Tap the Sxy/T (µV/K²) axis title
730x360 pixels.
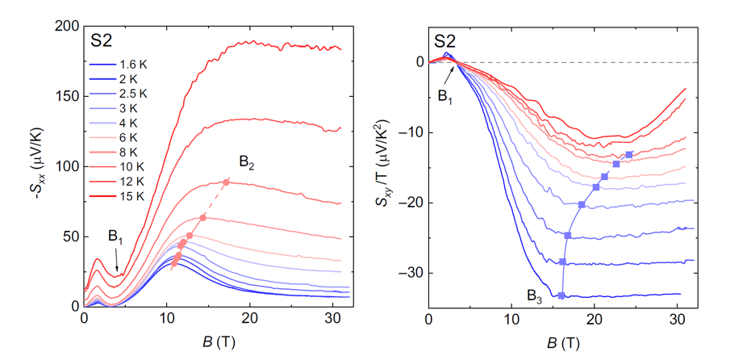(386, 165)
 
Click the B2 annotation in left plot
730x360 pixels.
(247, 167)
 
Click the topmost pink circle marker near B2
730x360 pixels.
(226, 182)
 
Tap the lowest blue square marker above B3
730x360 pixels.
(561, 295)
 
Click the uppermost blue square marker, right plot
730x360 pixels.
(629, 154)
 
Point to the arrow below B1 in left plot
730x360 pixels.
(118, 262)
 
